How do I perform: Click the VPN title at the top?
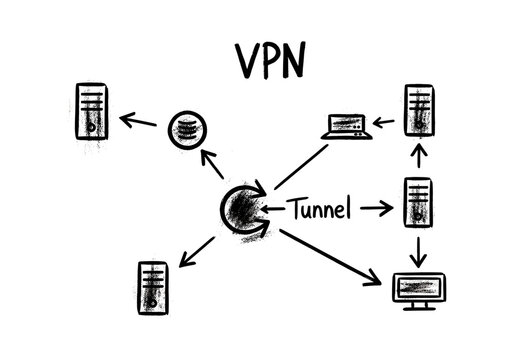[269, 60]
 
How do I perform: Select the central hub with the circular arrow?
[242, 208]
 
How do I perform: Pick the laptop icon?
[347, 126]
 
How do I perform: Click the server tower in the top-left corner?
[93, 112]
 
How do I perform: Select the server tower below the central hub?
[152, 285]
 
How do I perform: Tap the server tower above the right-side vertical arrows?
[419, 112]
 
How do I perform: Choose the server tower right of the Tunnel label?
[419, 203]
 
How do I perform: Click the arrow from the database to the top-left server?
[140, 123]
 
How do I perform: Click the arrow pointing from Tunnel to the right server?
[376, 209]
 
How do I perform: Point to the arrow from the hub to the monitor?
[331, 255]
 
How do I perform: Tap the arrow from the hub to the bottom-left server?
[196, 251]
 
